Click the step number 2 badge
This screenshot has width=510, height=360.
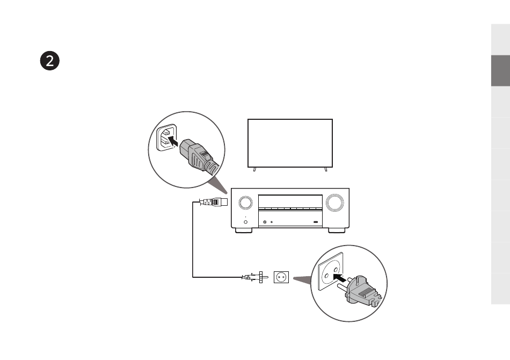49,61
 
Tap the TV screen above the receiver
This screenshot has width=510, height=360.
290,143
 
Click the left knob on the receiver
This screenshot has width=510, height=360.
245,203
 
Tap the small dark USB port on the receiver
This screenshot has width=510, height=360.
316,222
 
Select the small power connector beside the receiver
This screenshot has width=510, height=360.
215,203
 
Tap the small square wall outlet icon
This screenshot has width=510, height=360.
281,277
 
